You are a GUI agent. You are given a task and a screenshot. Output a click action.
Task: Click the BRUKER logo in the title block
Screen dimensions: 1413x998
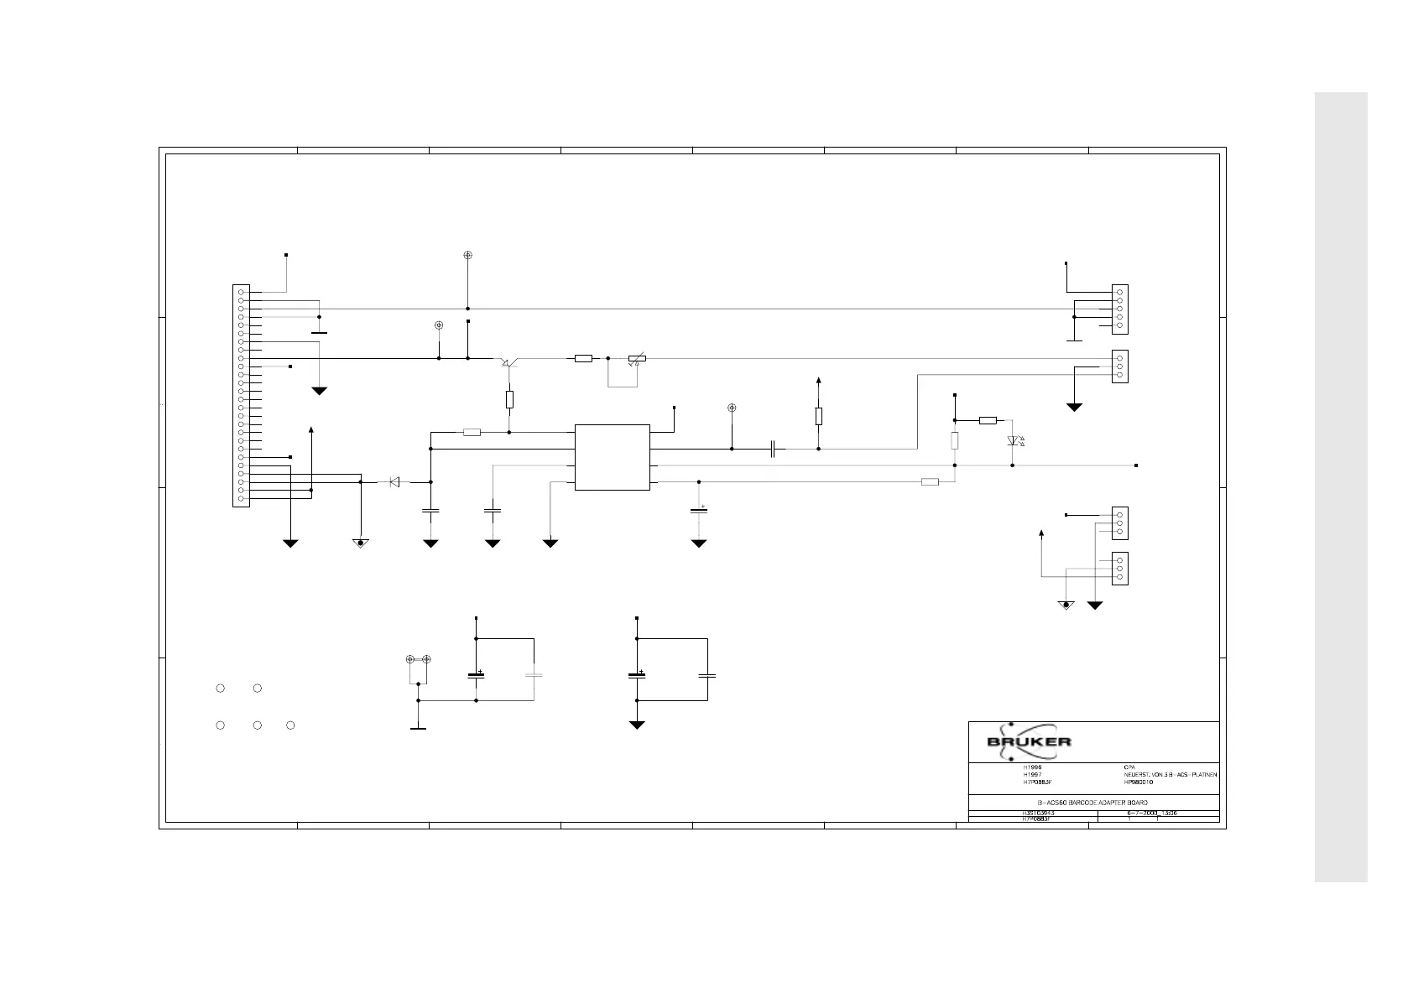coord(1029,741)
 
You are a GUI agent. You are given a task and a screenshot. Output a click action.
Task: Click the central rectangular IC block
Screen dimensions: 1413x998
coord(612,457)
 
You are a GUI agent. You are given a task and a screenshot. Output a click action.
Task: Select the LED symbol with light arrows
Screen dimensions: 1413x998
coord(1013,441)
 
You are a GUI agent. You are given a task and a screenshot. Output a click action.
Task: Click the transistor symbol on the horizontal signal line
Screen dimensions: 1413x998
coord(508,361)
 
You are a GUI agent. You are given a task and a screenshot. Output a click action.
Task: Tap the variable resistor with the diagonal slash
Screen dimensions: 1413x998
coord(637,359)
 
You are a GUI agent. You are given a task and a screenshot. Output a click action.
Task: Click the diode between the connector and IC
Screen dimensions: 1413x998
coord(394,482)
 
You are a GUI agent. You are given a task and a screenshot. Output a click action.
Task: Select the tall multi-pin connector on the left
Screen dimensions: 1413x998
coord(241,395)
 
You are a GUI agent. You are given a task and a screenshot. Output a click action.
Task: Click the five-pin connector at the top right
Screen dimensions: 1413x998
coord(1120,308)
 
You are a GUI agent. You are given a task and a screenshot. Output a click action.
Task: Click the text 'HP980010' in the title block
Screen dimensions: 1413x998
coord(1139,782)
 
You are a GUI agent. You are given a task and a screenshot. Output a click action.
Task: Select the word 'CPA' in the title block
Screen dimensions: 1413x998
coord(1129,767)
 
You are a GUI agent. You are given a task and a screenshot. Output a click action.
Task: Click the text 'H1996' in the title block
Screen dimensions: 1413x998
coord(1032,767)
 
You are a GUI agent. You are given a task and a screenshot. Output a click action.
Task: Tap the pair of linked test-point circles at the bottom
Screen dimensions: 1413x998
coord(418,660)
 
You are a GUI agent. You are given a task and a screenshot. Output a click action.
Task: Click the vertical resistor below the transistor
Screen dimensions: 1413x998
coord(509,399)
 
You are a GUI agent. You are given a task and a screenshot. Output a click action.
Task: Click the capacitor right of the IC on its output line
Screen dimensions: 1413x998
coord(775,450)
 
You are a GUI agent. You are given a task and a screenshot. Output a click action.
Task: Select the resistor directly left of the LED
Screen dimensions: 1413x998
coord(988,420)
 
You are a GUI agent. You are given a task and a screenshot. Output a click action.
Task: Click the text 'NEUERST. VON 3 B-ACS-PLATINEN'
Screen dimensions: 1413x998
coord(1170,774)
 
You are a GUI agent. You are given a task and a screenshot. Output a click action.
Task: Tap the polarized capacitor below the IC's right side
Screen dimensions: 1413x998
coord(699,510)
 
